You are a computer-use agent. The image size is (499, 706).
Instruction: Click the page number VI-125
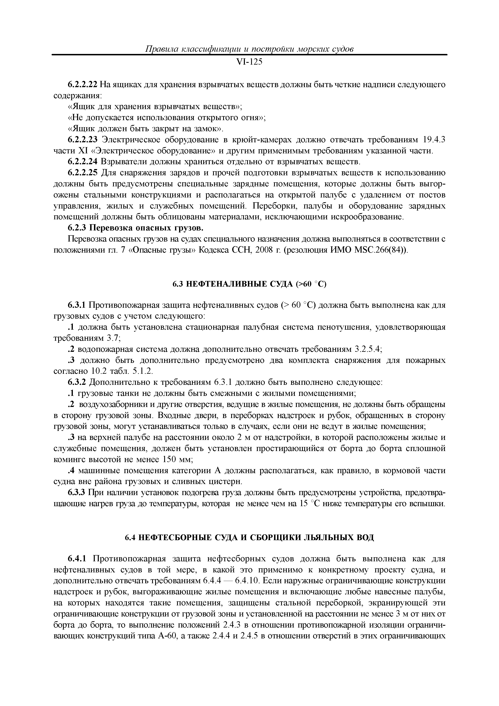249,62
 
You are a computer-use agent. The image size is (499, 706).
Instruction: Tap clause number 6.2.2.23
82,140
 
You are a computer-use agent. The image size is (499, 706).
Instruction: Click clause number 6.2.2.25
82,173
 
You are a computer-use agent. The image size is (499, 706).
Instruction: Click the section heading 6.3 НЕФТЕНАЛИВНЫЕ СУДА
249,284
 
